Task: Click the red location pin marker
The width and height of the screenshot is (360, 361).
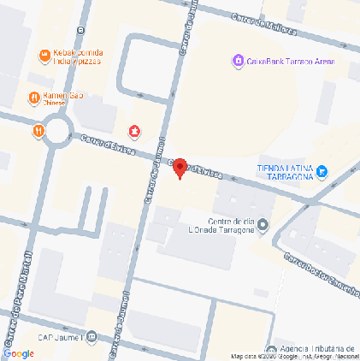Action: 180,169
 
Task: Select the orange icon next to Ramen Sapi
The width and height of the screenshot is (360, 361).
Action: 33,98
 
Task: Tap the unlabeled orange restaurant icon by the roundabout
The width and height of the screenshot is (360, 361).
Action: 38,131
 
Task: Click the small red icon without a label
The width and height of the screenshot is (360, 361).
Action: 134,131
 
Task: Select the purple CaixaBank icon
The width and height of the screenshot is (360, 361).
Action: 239,62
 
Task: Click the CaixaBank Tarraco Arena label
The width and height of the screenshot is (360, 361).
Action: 291,62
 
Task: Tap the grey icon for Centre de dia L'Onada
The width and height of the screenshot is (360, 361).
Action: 263,226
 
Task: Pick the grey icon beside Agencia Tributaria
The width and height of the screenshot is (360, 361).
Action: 271,349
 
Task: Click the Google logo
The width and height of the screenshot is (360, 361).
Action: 19,352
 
